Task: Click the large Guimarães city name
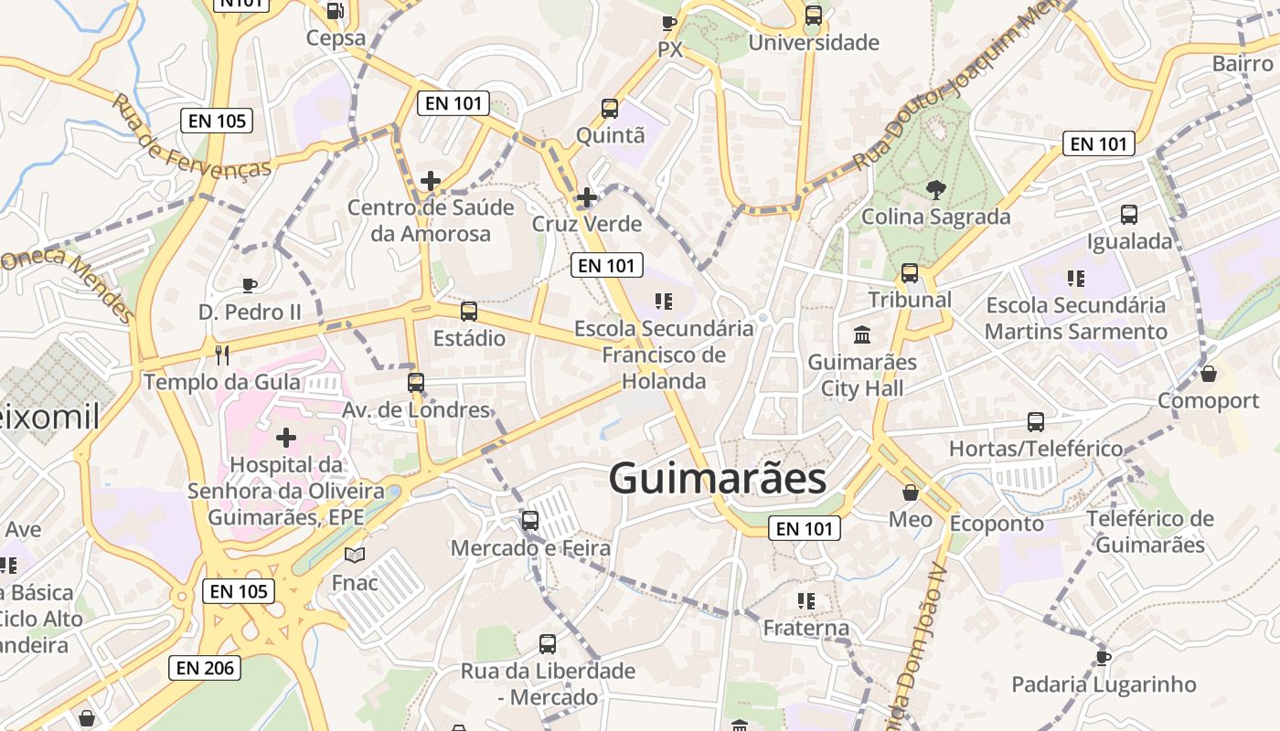[x=718, y=478]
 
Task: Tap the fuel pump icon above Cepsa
[x=336, y=11]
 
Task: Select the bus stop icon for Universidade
[x=813, y=16]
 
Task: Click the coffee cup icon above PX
[x=669, y=23]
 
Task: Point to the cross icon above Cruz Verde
[x=586, y=197]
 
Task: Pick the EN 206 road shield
[x=206, y=668]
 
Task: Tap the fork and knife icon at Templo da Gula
[x=221, y=355]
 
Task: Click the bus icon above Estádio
[x=469, y=312]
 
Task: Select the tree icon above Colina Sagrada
[x=935, y=190]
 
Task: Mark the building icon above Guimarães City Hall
[x=861, y=335]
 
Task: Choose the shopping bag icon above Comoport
[x=1209, y=374]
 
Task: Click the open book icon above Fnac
[x=355, y=555]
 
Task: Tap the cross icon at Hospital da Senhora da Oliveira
[x=286, y=438]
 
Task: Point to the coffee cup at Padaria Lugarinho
[x=1104, y=657]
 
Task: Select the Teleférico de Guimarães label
[x=1150, y=532]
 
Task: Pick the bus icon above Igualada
[x=1129, y=215]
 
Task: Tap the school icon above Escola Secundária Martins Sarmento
[x=1075, y=278]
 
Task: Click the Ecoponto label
[x=997, y=524]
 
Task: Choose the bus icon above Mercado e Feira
[x=529, y=521]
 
